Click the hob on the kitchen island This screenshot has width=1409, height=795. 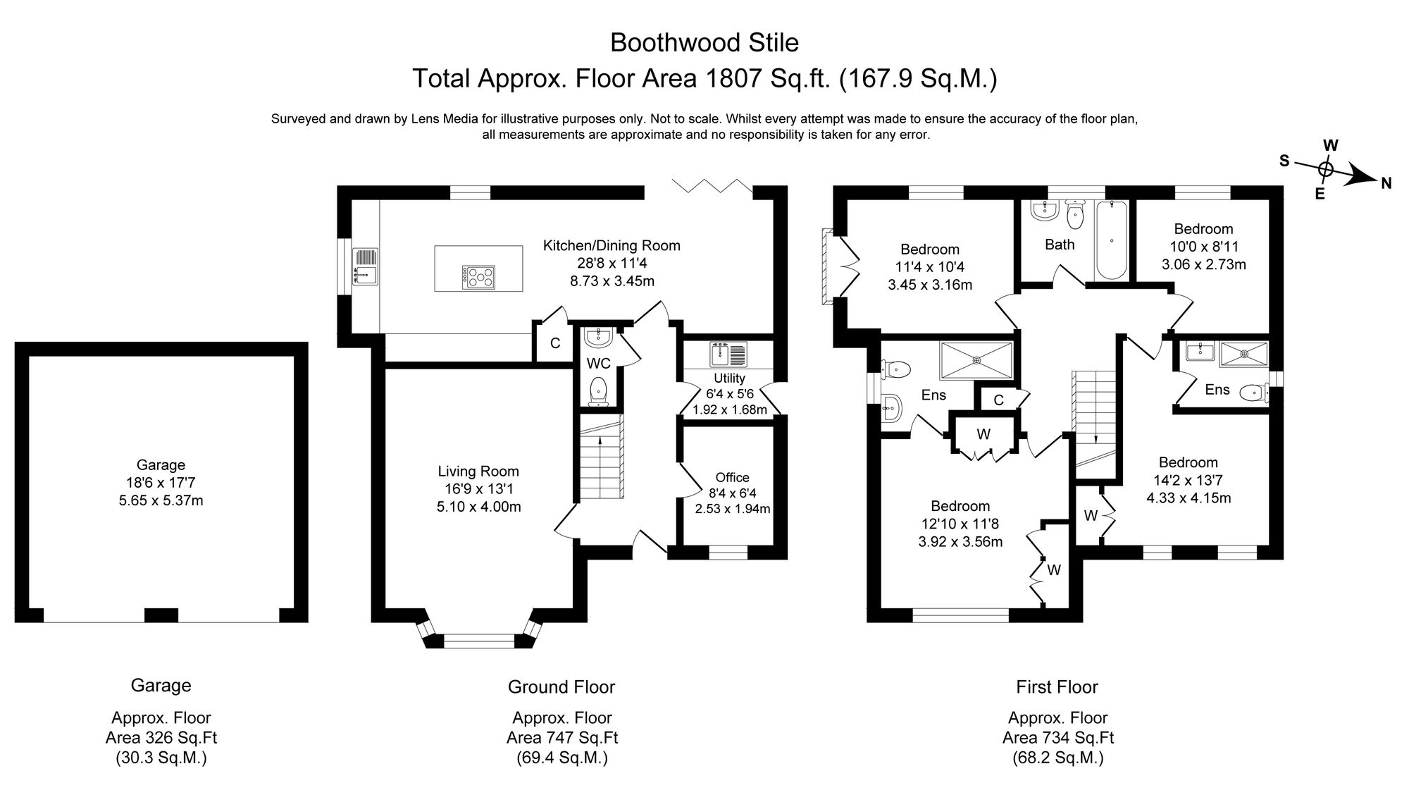pos(478,277)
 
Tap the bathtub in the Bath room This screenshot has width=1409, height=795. pos(1112,240)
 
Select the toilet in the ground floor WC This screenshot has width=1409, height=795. pos(599,391)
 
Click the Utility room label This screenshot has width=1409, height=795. pos(729,378)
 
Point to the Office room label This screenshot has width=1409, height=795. pos(732,477)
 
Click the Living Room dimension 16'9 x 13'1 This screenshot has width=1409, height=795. pos(478,489)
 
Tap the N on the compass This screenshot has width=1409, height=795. pos(1386,183)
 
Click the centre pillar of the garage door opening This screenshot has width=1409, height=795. pos(161,615)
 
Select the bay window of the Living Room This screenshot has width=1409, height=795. pos(478,640)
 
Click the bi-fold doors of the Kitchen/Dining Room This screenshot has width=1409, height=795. pos(712,185)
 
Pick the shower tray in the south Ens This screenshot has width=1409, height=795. pos(977,361)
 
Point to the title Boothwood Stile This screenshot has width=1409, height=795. pos(704,43)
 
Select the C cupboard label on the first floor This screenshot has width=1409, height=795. pos(998,400)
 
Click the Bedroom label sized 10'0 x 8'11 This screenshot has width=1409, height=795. pos(1203,229)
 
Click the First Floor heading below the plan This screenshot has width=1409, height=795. pos(1057,686)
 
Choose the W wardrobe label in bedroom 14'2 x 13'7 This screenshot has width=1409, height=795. pos(1091,516)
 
